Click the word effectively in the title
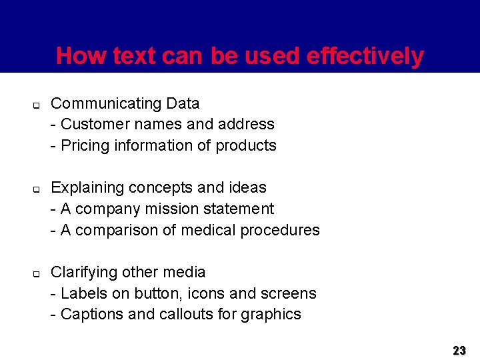point(365,56)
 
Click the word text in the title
point(134,56)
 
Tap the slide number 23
point(459,350)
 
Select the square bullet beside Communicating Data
point(37,105)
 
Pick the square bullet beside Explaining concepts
point(37,189)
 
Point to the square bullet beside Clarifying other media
point(37,274)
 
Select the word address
point(248,124)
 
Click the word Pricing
point(83,145)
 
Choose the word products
point(246,145)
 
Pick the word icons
point(207,293)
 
